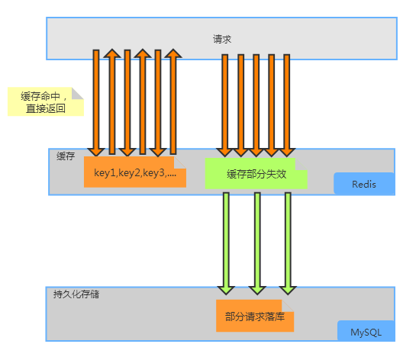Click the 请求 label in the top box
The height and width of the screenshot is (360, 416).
click(222, 38)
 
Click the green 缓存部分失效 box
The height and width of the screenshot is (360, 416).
click(256, 174)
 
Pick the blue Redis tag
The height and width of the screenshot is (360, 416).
click(364, 184)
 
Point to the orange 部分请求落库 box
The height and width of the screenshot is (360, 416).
click(255, 316)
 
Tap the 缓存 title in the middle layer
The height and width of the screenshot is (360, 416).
click(66, 156)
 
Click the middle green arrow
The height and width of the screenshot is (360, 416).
click(256, 243)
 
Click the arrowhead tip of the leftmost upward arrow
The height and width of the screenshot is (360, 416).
click(111, 51)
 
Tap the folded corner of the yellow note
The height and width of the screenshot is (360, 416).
click(76, 94)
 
